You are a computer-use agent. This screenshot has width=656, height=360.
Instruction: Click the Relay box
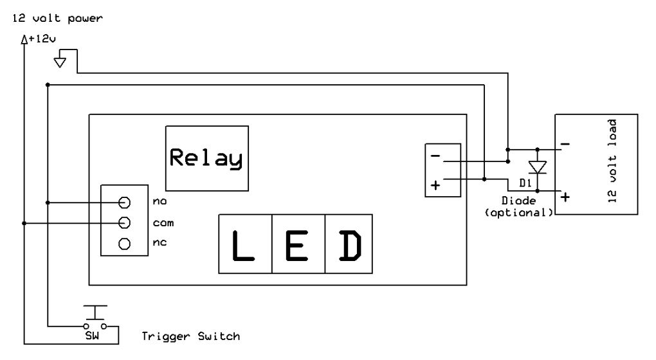(x=206, y=157)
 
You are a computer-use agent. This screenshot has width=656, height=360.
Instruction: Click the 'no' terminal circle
(x=125, y=202)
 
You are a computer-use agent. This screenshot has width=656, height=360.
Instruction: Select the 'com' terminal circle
(x=125, y=222)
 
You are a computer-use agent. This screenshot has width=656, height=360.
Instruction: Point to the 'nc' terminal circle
(x=125, y=244)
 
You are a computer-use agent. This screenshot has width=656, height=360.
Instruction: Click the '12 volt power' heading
(x=54, y=19)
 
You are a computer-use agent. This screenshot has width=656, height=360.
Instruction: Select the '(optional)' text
(x=518, y=212)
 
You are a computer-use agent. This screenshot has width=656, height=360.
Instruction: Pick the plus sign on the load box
(x=565, y=197)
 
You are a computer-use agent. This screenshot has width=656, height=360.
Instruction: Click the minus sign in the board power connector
(x=435, y=156)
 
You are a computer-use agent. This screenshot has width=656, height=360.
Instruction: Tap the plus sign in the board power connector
(x=435, y=185)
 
